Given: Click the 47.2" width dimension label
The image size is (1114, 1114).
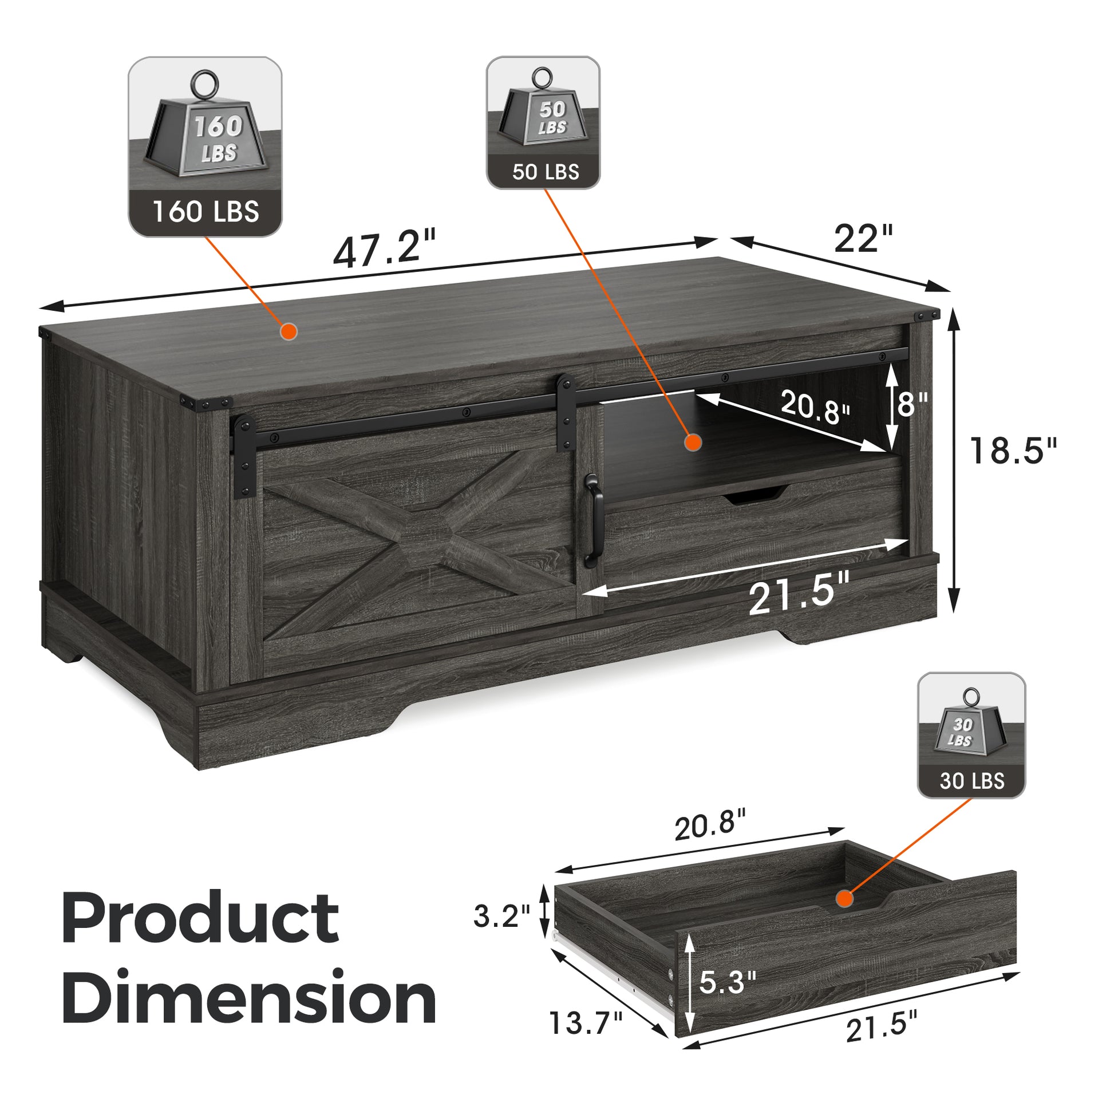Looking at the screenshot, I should (x=385, y=248).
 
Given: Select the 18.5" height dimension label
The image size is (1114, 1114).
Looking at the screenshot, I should (x=1013, y=451).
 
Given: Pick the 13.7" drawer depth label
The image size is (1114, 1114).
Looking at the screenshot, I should (x=586, y=1022).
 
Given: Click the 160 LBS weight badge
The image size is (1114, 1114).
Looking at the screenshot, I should (x=206, y=147).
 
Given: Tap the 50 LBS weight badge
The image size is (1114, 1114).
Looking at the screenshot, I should (x=543, y=123).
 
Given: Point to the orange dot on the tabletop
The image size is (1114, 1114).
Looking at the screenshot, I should (x=289, y=331).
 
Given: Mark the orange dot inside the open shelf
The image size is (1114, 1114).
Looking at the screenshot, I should (x=693, y=443).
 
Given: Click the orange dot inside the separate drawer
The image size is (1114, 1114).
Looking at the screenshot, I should (x=845, y=898).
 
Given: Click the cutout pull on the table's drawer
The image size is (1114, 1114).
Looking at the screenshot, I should (x=755, y=495).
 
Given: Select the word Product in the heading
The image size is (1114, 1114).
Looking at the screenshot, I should (x=200, y=918).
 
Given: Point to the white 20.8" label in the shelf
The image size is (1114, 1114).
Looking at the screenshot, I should (x=815, y=406).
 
